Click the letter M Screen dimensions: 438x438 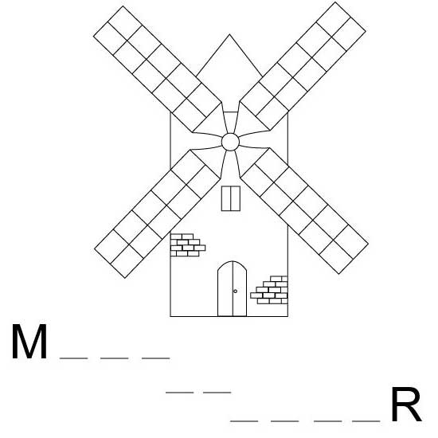[29, 342]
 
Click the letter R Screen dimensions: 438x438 [406, 405]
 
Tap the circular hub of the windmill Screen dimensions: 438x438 [230, 142]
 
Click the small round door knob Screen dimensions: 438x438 [235, 291]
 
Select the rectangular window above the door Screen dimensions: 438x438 [231, 198]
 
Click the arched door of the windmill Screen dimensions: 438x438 [232, 288]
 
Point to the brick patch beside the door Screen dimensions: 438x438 [269, 290]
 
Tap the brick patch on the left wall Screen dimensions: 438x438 [188, 245]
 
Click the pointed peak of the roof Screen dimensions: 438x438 [229, 34]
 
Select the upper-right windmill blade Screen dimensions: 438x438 [303, 66]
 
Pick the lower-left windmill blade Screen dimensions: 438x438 [157, 213]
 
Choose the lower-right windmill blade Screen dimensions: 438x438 [304, 211]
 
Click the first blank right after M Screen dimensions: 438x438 [74, 358]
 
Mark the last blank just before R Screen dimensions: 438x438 [366, 420]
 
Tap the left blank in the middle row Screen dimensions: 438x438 [180, 393]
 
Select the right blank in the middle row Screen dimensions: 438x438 [217, 393]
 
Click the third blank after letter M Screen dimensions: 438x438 [156, 358]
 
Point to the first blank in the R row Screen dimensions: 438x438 [244, 420]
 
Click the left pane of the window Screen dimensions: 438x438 [226, 198]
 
